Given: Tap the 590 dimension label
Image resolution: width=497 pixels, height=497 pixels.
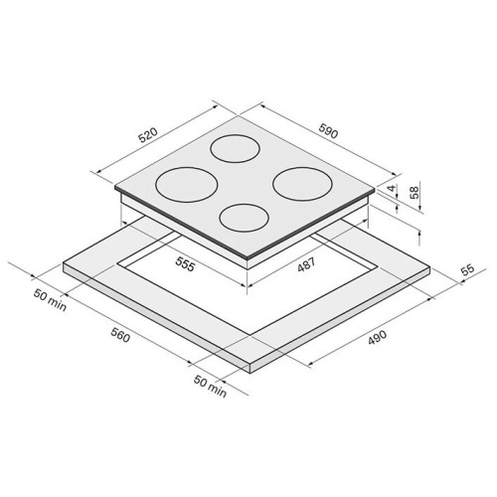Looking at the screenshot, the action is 329,130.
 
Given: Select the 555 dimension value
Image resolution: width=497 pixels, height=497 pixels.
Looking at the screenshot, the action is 185,264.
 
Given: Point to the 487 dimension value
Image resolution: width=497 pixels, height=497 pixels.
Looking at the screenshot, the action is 306,264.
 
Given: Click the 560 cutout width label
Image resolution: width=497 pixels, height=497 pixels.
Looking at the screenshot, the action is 120,335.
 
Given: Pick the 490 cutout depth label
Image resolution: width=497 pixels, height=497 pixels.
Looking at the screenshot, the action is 377,337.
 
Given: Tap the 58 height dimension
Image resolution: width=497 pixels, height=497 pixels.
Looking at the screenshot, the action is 414,192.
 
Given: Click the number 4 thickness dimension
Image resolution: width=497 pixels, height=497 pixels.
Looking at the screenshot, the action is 392,188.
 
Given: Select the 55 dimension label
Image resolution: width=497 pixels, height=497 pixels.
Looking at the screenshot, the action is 468,269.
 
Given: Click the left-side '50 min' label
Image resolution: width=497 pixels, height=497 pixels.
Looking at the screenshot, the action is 50,300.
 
